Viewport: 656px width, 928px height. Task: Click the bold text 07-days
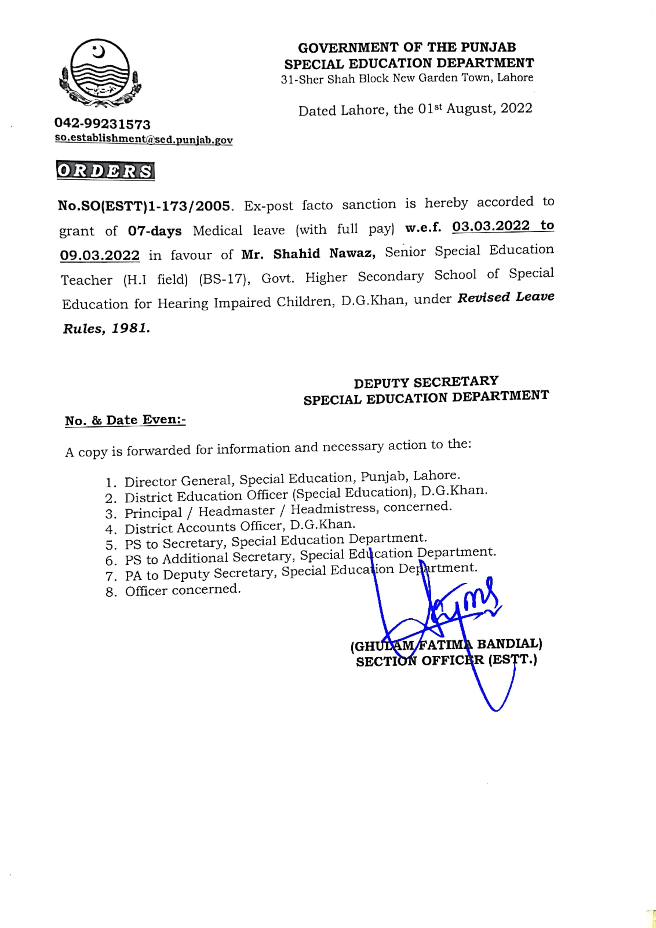155,231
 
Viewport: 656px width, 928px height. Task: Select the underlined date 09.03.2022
100,255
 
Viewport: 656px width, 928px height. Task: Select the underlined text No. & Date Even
125,420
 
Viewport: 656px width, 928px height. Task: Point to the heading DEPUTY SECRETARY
426,382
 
